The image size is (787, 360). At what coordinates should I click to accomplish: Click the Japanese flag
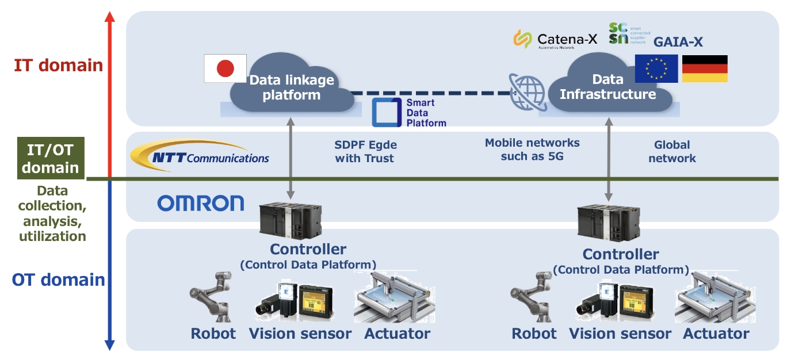coord(226,68)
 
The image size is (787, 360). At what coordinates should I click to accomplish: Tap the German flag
coord(705,69)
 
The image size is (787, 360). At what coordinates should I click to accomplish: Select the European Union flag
coord(656,69)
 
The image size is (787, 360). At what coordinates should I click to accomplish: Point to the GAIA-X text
coord(678,41)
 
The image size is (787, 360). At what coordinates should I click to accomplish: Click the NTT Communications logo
coord(200,155)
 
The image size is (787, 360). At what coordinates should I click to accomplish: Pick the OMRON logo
coord(200,203)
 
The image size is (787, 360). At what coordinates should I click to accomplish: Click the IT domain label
coord(58,65)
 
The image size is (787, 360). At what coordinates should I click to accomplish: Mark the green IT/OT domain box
coord(51,158)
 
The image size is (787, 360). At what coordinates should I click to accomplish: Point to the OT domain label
coord(58,280)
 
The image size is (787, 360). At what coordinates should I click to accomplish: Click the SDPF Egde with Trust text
coord(364,151)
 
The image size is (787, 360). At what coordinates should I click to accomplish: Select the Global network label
coord(672,151)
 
